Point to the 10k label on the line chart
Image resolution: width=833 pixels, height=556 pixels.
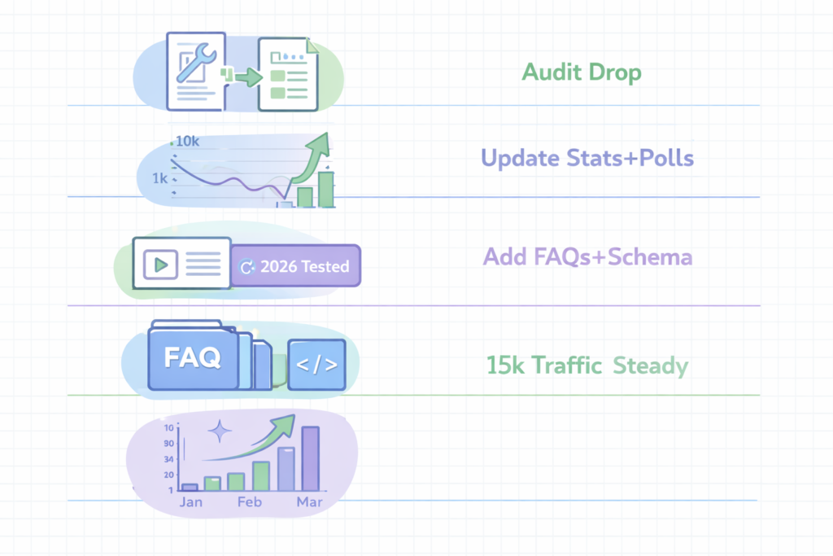[187, 141]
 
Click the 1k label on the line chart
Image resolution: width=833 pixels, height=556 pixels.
[159, 177]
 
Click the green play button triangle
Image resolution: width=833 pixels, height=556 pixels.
[162, 264]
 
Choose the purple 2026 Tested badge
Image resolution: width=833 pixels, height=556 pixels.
[295, 266]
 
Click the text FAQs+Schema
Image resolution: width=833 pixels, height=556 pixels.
[622, 257]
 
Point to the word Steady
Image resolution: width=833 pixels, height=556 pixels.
[651, 365]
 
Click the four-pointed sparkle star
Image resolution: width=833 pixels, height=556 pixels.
[219, 431]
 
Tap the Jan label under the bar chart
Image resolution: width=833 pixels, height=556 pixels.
[190, 502]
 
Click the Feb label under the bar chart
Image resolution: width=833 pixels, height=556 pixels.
[250, 502]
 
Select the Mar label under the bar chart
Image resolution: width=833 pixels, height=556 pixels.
[309, 502]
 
